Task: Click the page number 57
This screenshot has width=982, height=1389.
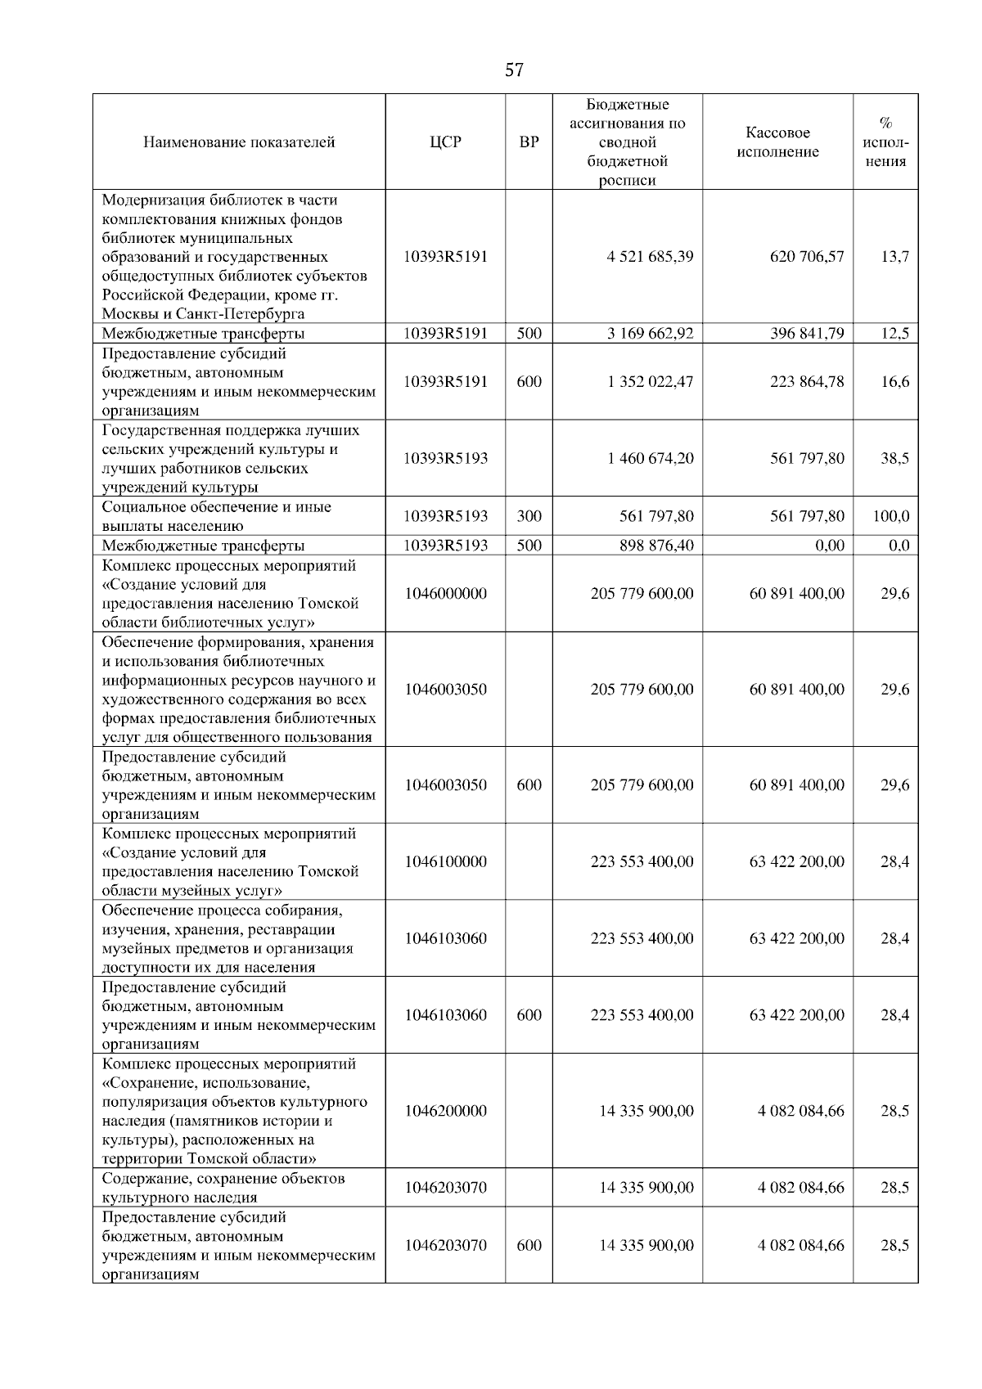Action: click(x=514, y=70)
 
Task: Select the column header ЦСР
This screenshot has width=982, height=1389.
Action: click(x=445, y=142)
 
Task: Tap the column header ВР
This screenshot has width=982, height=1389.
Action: click(x=529, y=142)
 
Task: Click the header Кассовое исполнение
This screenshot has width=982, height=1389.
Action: click(x=777, y=142)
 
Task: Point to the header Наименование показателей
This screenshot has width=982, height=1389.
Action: click(x=239, y=142)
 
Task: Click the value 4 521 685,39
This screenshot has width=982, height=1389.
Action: click(x=650, y=257)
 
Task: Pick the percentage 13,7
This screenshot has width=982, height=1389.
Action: click(x=894, y=257)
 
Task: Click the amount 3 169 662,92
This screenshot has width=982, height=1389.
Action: click(x=650, y=334)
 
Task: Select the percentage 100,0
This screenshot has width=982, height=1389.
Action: click(x=890, y=516)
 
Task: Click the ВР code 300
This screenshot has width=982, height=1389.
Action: click(x=529, y=516)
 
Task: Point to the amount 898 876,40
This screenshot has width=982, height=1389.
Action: click(x=656, y=546)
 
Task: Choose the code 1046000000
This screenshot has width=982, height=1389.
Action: click(x=445, y=594)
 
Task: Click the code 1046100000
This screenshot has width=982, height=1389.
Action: click(x=445, y=862)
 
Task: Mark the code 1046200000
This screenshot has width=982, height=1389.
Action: click(x=445, y=1111)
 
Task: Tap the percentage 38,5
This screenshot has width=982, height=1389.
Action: click(x=894, y=459)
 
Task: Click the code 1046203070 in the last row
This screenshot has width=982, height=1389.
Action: click(x=445, y=1245)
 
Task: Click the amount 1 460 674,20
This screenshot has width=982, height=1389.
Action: click(x=650, y=459)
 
